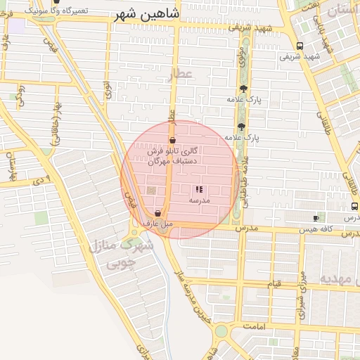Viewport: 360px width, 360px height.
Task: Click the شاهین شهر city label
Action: pos(146,15)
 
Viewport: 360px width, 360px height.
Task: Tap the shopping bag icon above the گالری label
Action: pos(172,141)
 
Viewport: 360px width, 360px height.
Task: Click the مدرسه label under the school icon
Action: pos(199,200)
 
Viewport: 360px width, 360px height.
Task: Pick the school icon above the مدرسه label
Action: pos(199,189)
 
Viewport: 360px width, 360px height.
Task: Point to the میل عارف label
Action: pos(157,224)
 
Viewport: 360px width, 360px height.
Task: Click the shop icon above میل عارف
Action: pos(158,212)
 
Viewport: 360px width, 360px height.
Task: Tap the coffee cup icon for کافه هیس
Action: pos(316,219)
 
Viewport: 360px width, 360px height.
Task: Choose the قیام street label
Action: pos(273,283)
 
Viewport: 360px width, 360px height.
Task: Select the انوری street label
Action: pos(108,90)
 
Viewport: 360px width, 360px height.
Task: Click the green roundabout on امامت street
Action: pos(221,330)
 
